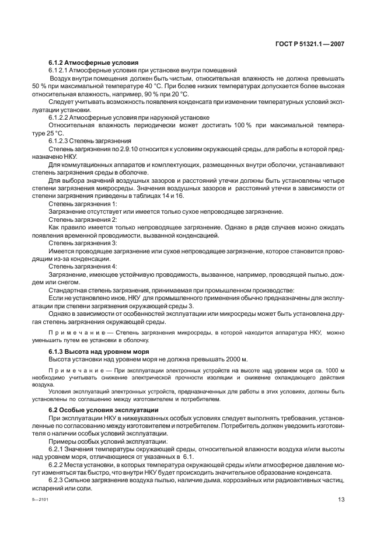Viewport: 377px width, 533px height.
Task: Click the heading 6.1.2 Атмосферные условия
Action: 93,62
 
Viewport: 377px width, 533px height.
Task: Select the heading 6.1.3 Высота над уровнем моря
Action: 98,351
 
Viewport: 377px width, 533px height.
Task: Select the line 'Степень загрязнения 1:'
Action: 83,204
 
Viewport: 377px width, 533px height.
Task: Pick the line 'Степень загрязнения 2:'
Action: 83,220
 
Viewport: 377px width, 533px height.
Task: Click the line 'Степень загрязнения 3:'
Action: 83,242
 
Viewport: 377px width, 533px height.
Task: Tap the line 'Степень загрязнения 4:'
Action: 83,266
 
